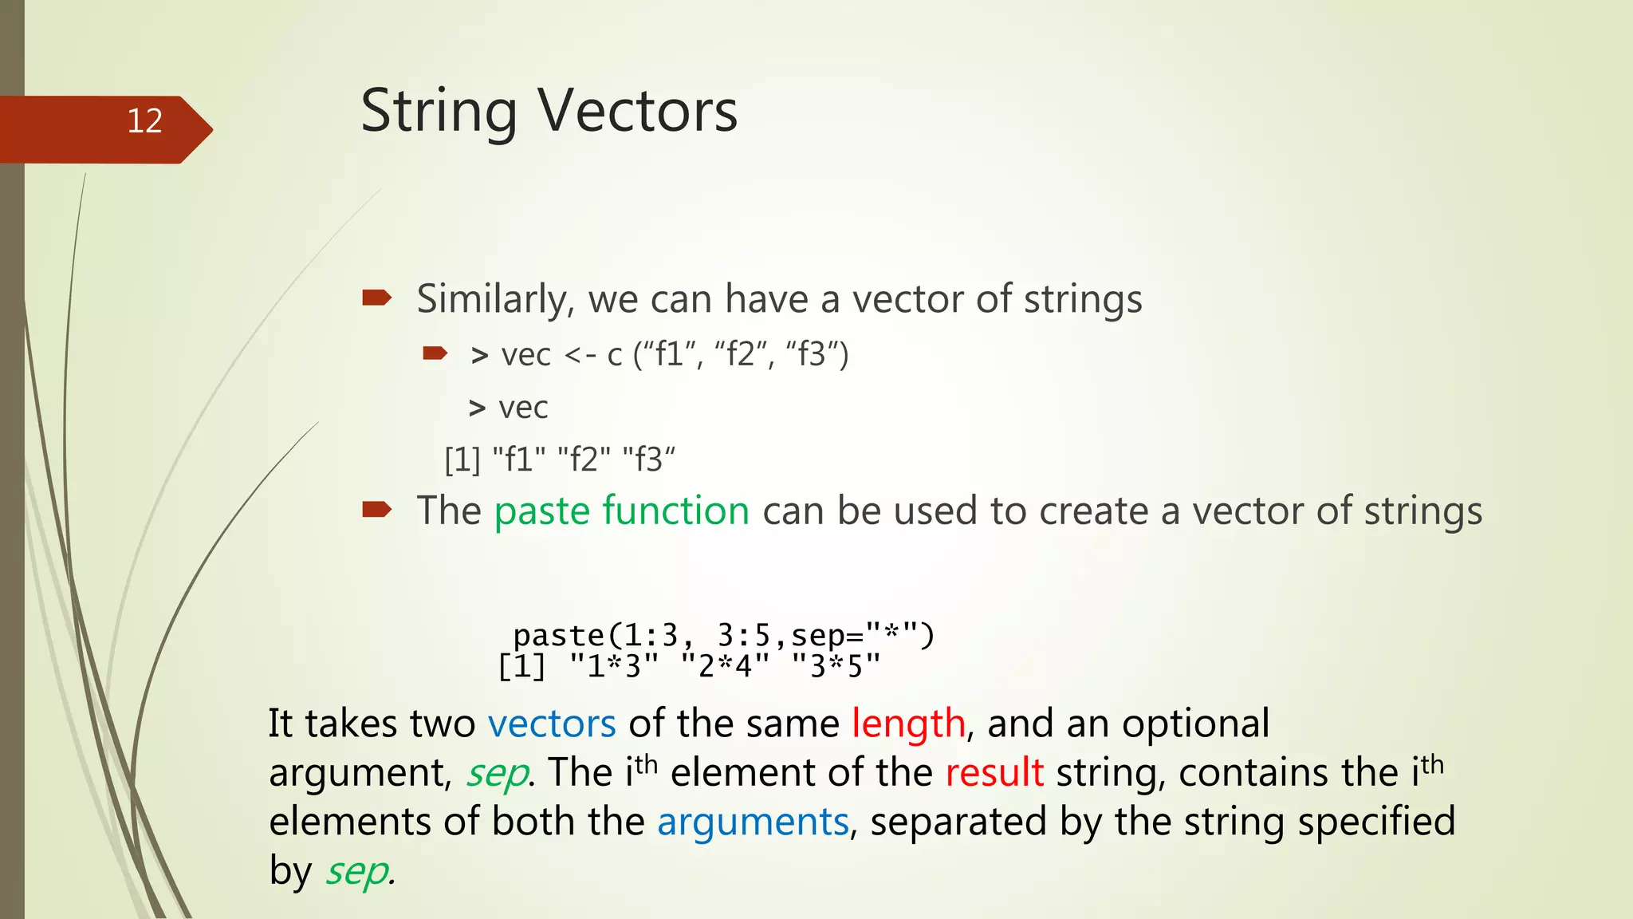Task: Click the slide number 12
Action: point(144,121)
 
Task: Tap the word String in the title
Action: point(439,111)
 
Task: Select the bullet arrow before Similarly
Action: point(376,298)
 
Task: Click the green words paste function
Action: point(621,511)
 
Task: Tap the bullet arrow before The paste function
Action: point(376,509)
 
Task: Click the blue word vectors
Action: point(551,724)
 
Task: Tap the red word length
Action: point(908,724)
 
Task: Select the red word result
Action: point(994,772)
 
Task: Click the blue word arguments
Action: point(753,822)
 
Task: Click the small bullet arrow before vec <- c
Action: point(435,353)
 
